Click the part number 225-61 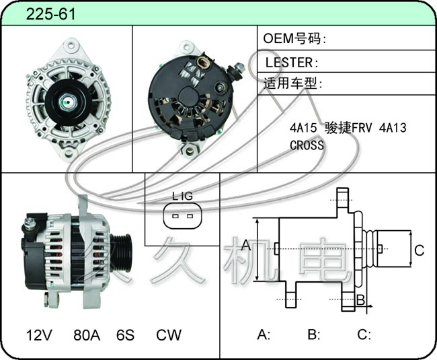[50, 14]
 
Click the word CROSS [307, 145]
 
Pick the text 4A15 [303, 128]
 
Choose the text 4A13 [393, 128]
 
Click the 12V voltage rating [39, 335]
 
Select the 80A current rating [87, 335]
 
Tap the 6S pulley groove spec [126, 335]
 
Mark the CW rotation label [169, 335]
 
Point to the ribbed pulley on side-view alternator [121, 252]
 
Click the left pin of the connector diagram [175, 216]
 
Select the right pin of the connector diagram [190, 216]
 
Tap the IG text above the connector [187, 196]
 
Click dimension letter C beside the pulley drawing [419, 250]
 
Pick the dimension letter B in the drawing [360, 300]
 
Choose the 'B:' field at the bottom [314, 334]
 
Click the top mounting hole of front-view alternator [71, 44]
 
